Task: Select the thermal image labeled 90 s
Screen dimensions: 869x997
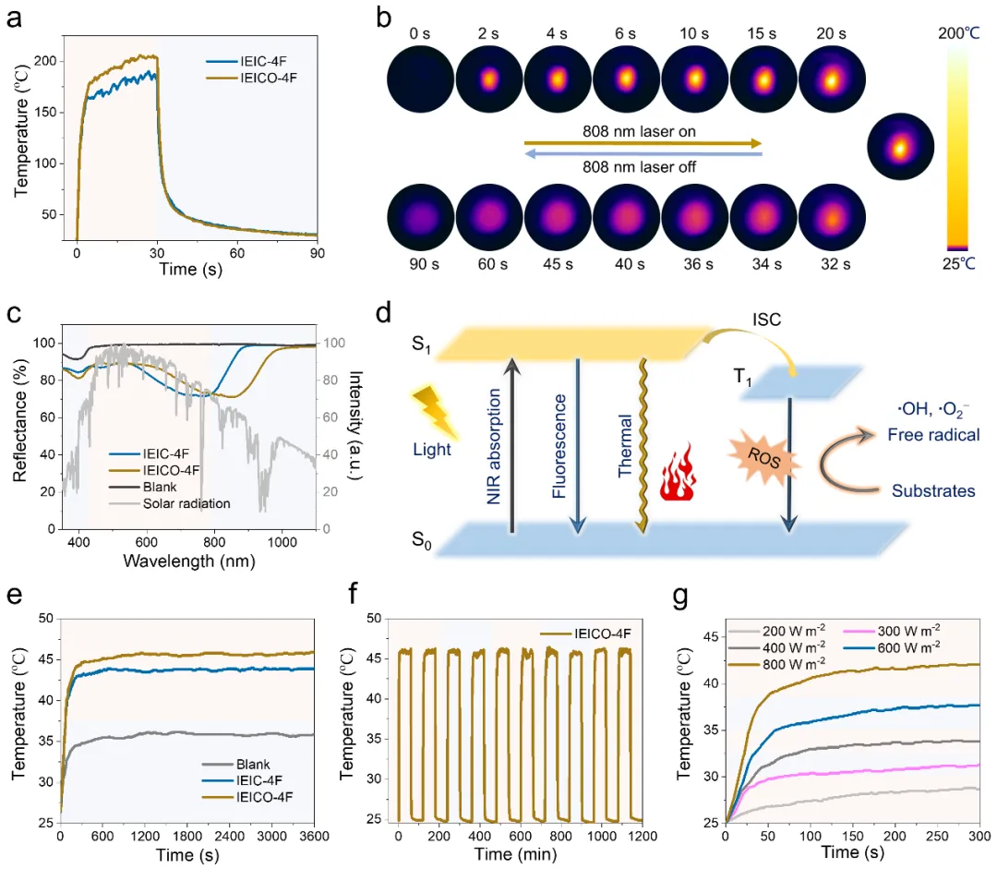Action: [x=419, y=218]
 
